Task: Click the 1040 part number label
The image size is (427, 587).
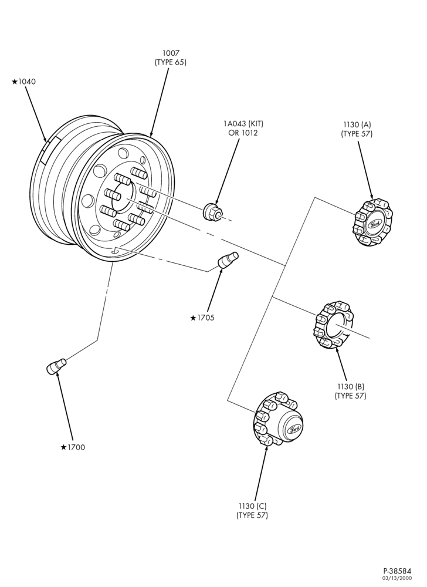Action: click(x=27, y=82)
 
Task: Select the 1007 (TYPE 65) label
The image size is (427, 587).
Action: click(x=171, y=58)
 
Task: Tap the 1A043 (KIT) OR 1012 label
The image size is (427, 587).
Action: click(x=241, y=128)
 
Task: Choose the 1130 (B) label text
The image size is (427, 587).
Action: click(x=350, y=386)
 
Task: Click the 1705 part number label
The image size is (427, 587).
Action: click(x=206, y=318)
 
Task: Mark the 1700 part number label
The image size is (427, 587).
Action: click(x=76, y=447)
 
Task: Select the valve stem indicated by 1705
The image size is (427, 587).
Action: click(x=228, y=260)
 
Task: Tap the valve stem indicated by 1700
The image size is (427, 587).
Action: click(x=56, y=366)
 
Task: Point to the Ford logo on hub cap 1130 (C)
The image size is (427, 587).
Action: click(x=293, y=430)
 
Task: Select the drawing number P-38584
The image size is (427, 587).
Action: click(x=397, y=571)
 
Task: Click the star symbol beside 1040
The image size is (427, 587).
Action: click(x=14, y=82)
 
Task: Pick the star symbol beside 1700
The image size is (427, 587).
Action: click(x=63, y=447)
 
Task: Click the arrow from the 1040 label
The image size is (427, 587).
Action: click(x=36, y=114)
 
